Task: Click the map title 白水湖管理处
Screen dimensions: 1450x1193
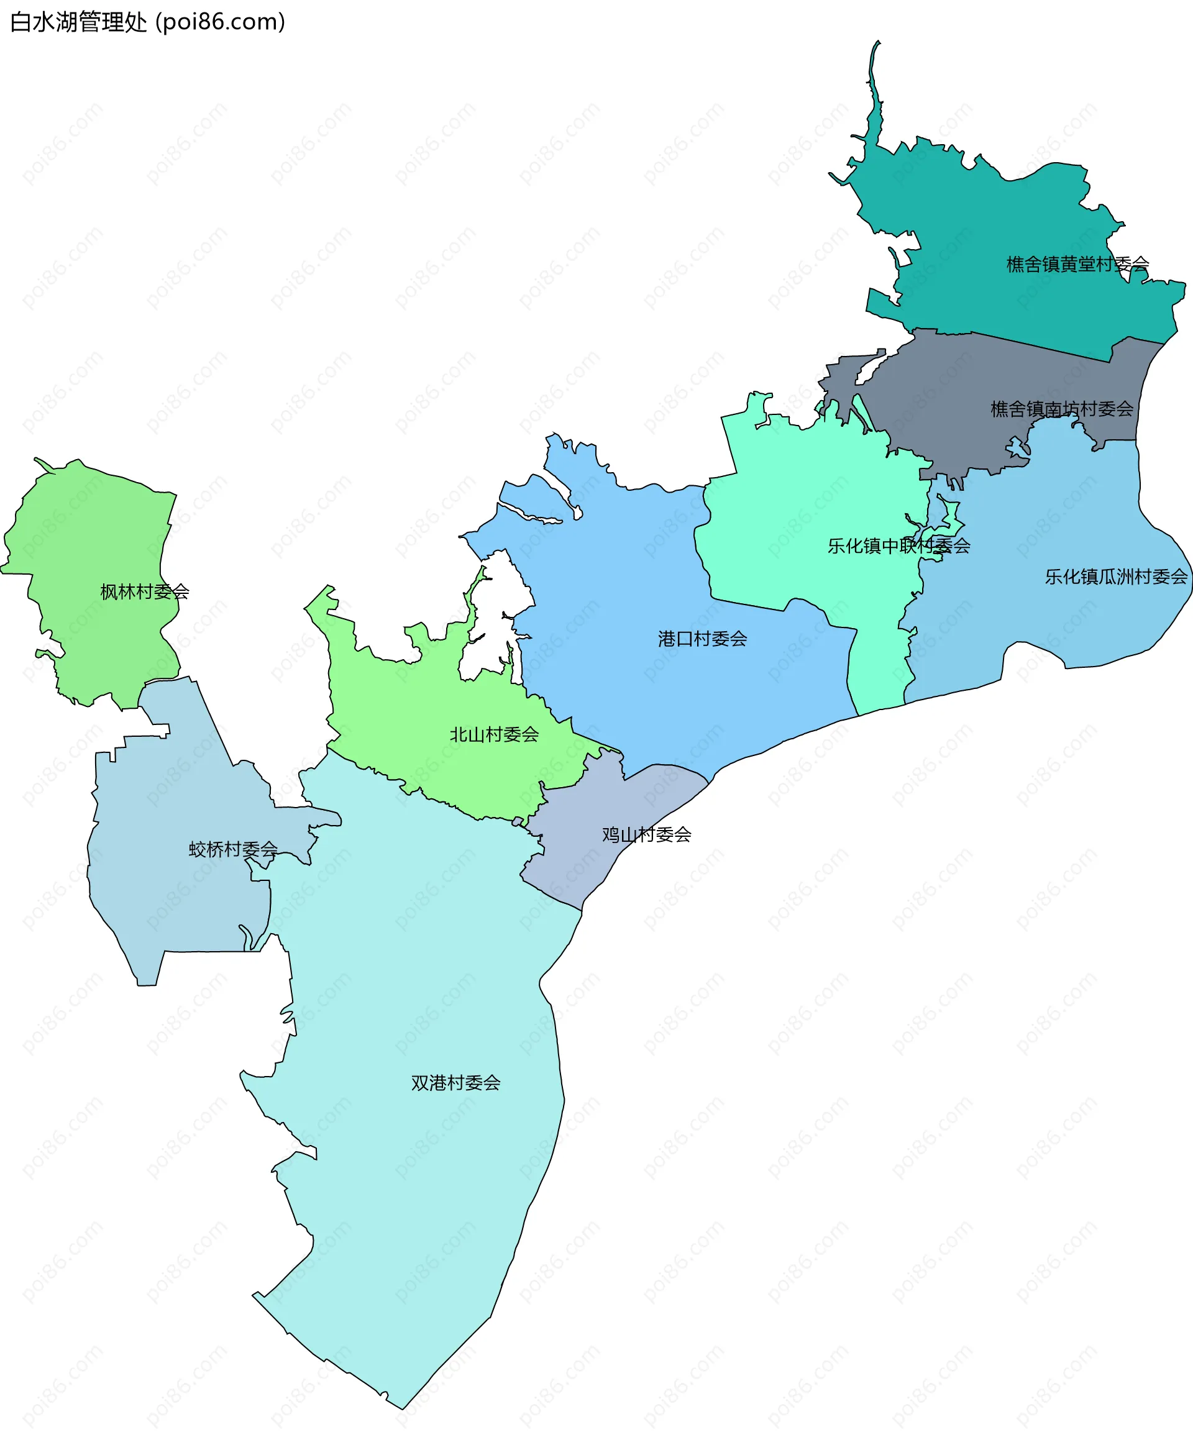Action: tap(78, 22)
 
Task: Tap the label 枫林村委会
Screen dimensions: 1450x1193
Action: tap(144, 591)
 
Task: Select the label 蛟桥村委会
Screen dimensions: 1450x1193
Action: tap(233, 849)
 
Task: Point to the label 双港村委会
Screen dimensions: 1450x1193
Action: tap(455, 1083)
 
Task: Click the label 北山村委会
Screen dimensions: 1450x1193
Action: tap(494, 734)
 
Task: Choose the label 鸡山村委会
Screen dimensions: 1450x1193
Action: tap(646, 835)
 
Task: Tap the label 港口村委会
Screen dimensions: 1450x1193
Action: tap(702, 639)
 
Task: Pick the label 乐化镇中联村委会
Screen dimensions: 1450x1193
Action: tap(898, 546)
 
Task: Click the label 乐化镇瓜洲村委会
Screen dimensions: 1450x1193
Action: tap(1115, 577)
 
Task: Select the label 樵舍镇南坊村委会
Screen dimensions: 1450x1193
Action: tap(1061, 409)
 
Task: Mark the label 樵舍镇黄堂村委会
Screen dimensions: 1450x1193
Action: tap(1077, 265)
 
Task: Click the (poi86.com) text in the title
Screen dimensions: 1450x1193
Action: tap(220, 22)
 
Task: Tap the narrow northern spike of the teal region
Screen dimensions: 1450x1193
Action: tap(874, 89)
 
